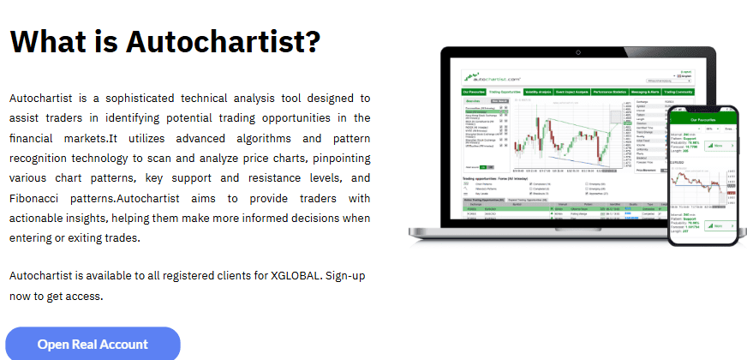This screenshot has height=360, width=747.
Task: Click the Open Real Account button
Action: coord(93,345)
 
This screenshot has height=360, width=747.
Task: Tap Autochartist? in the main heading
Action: coord(224,40)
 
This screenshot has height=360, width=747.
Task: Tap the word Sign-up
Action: coord(347,276)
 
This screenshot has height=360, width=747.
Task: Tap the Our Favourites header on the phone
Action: coord(702,121)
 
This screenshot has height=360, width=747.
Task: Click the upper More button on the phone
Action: coord(718,146)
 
